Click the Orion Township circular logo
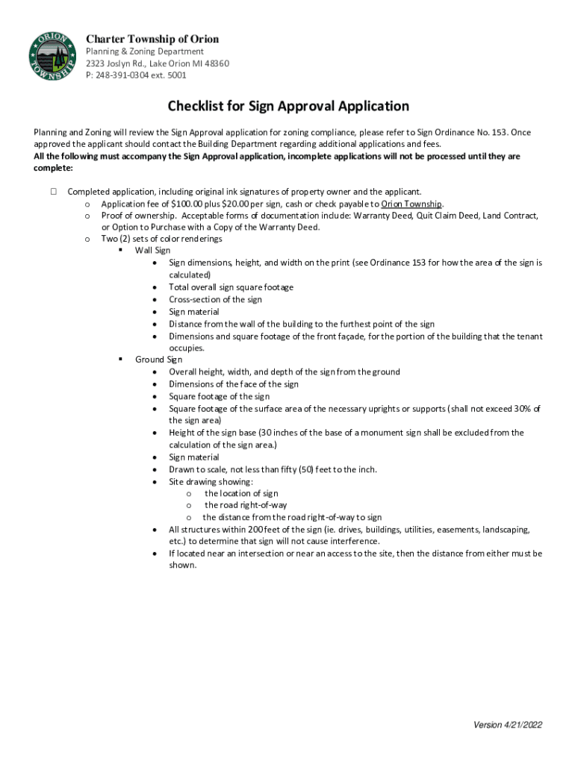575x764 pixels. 52,57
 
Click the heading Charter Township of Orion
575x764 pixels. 152,39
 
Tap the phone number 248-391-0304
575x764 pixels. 132,75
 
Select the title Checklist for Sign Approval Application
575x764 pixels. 288,106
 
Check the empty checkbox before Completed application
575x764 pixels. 55,192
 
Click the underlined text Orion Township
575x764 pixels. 411,204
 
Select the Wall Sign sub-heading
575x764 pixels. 152,251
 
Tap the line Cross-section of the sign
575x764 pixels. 215,299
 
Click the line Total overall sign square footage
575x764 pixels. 231,287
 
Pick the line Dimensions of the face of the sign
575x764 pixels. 233,384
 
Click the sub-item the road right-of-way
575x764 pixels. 246,505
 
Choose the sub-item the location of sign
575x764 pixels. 241,493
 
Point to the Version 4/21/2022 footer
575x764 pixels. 508,725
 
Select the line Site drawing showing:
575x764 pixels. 211,481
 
